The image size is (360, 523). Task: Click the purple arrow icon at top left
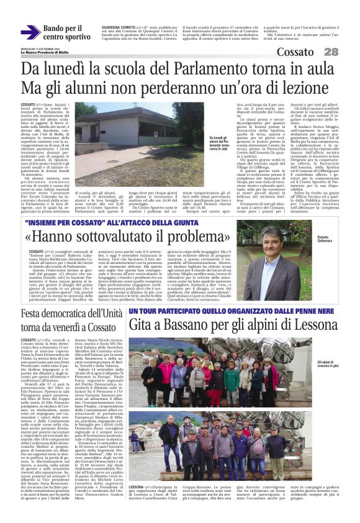tap(30, 32)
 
